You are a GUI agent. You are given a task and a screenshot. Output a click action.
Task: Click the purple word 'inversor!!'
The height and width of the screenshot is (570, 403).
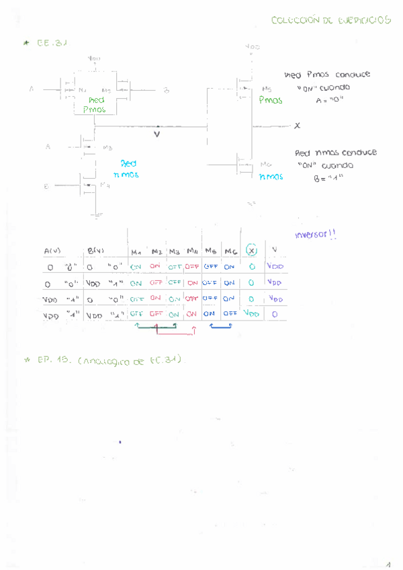315,235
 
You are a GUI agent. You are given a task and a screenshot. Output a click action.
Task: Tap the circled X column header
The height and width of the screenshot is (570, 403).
251,250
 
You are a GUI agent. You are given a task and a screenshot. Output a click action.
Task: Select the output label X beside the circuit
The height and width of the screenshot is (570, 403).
298,126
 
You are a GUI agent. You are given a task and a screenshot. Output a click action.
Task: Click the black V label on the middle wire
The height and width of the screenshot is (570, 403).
157,134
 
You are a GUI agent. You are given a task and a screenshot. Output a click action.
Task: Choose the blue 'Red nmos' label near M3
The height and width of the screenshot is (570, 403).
127,169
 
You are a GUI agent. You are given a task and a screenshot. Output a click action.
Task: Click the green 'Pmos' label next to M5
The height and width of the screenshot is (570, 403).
271,99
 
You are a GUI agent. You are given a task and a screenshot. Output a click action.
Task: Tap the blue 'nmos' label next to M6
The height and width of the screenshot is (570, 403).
271,177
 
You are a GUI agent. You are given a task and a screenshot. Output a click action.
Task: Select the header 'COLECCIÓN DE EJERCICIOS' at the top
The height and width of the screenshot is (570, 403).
331,21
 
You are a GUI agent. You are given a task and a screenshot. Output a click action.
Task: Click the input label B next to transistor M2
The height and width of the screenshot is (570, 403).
166,90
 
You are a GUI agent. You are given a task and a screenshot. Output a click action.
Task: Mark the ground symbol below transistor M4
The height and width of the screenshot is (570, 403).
97,215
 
